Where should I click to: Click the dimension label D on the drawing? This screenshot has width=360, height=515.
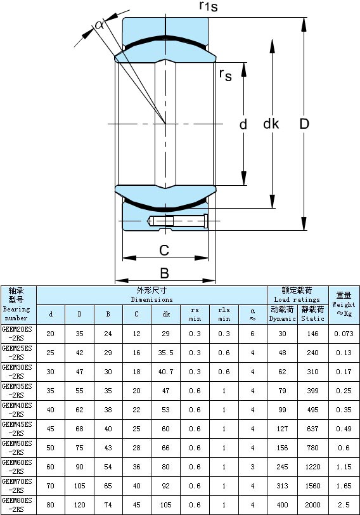click(x=304, y=124)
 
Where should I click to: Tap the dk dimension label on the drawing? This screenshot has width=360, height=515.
click(x=271, y=124)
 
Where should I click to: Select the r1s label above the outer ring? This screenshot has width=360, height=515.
click(x=209, y=6)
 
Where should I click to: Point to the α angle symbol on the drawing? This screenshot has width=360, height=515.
click(x=99, y=24)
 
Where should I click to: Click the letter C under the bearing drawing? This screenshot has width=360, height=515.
click(x=164, y=251)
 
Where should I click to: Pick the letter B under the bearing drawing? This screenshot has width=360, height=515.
click(x=164, y=273)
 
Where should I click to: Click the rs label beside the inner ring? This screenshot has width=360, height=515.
click(x=225, y=74)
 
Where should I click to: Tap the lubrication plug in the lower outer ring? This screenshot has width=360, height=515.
click(x=177, y=221)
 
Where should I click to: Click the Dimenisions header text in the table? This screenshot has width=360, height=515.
click(x=151, y=299)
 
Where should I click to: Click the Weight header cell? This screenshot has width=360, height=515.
click(x=344, y=304)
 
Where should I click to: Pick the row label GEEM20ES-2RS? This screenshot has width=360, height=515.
click(x=17, y=334)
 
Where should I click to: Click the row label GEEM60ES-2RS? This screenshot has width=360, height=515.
click(x=17, y=467)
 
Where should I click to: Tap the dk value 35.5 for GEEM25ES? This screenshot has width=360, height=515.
click(x=165, y=353)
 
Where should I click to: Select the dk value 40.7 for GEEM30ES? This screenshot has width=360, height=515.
click(x=165, y=372)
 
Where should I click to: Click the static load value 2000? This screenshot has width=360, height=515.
click(x=312, y=505)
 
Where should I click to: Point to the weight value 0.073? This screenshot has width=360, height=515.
click(x=344, y=334)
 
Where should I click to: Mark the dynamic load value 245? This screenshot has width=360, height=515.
click(x=282, y=467)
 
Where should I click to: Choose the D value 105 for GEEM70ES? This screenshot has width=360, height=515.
click(x=79, y=486)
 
